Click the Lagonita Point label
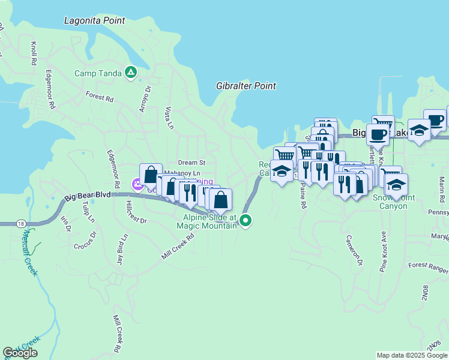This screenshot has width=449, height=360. tap(95, 21)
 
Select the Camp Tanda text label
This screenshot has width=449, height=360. tap(97, 74)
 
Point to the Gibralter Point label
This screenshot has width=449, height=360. tap(246, 86)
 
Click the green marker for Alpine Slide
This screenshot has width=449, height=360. tap(246, 221)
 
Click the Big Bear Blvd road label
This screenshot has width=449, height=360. tap(88, 196)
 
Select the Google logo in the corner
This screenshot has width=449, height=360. tap(20, 353)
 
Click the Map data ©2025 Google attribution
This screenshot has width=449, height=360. tap(411, 355)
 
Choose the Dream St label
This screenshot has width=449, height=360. tap(192, 163)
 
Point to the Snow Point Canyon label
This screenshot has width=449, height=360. tap(390, 202)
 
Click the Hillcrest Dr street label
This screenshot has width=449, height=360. tap(137, 212)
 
